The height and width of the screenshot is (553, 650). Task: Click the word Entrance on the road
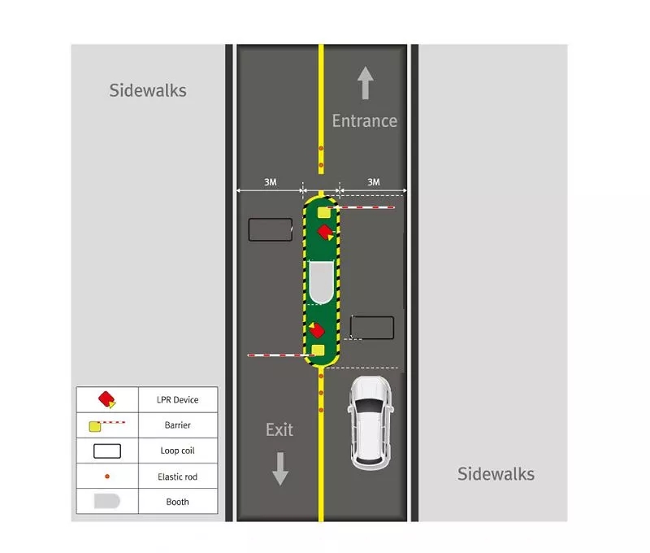[364, 120]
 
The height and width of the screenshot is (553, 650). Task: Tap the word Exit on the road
[279, 429]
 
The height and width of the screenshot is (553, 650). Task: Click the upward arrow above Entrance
[365, 83]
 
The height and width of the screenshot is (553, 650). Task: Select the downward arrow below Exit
[280, 468]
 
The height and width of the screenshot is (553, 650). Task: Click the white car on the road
[370, 423]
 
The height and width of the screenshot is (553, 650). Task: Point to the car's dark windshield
[370, 407]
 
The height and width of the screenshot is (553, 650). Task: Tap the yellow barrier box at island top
[324, 213]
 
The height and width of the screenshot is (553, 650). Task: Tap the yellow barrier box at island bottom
[318, 351]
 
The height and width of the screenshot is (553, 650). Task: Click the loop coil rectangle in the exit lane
[271, 230]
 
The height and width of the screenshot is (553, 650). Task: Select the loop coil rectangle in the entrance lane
[372, 328]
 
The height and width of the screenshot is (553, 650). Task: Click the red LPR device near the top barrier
[326, 233]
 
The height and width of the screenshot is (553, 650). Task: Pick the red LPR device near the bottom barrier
[317, 330]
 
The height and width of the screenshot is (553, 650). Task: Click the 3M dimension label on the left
[271, 182]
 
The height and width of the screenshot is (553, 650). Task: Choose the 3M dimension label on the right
[374, 182]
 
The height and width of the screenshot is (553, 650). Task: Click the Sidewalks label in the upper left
[148, 90]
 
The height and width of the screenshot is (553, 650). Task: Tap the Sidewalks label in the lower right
[496, 474]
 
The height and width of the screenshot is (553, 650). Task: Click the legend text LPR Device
[177, 399]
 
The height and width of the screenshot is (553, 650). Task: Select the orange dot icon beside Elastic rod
[107, 477]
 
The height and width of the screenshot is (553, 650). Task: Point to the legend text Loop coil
[177, 451]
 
